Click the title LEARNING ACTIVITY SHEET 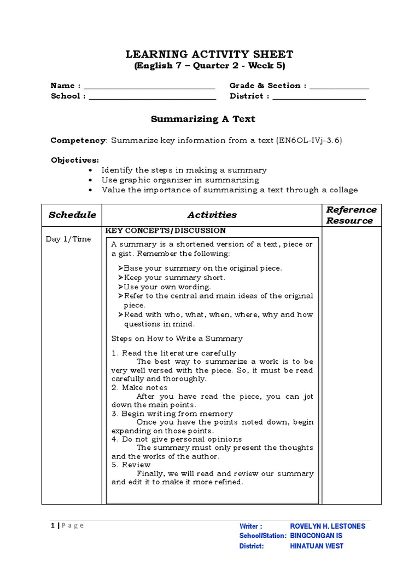(209, 54)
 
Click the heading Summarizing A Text (203, 119)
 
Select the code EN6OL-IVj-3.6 (309, 140)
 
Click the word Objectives (75, 160)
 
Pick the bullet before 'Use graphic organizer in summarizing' (90, 180)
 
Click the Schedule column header (72, 215)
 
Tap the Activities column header (212, 215)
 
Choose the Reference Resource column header (351, 215)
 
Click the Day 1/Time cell (69, 239)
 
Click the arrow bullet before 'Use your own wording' (120, 287)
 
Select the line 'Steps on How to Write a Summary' (177, 339)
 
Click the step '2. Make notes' (132, 388)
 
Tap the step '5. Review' (131, 465)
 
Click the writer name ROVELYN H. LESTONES (328, 526)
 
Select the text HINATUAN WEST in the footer (317, 546)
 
